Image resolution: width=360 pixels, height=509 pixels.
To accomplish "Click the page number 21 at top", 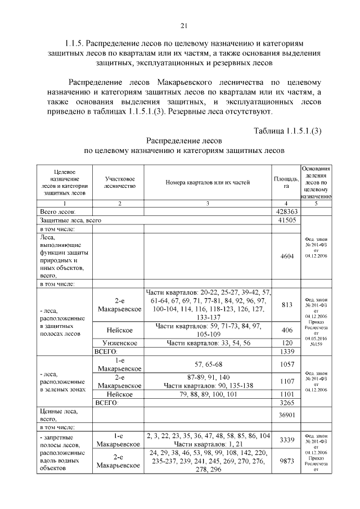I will pos(183,25).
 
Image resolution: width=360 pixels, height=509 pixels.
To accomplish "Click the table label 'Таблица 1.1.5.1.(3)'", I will pos(287,131).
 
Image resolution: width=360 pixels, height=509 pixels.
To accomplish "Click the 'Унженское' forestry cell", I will pos(120,343).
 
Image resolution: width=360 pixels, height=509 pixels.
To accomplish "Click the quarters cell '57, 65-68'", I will pos(208,364).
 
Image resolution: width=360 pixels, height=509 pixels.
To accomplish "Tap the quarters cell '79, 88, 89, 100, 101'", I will pos(208,394).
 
